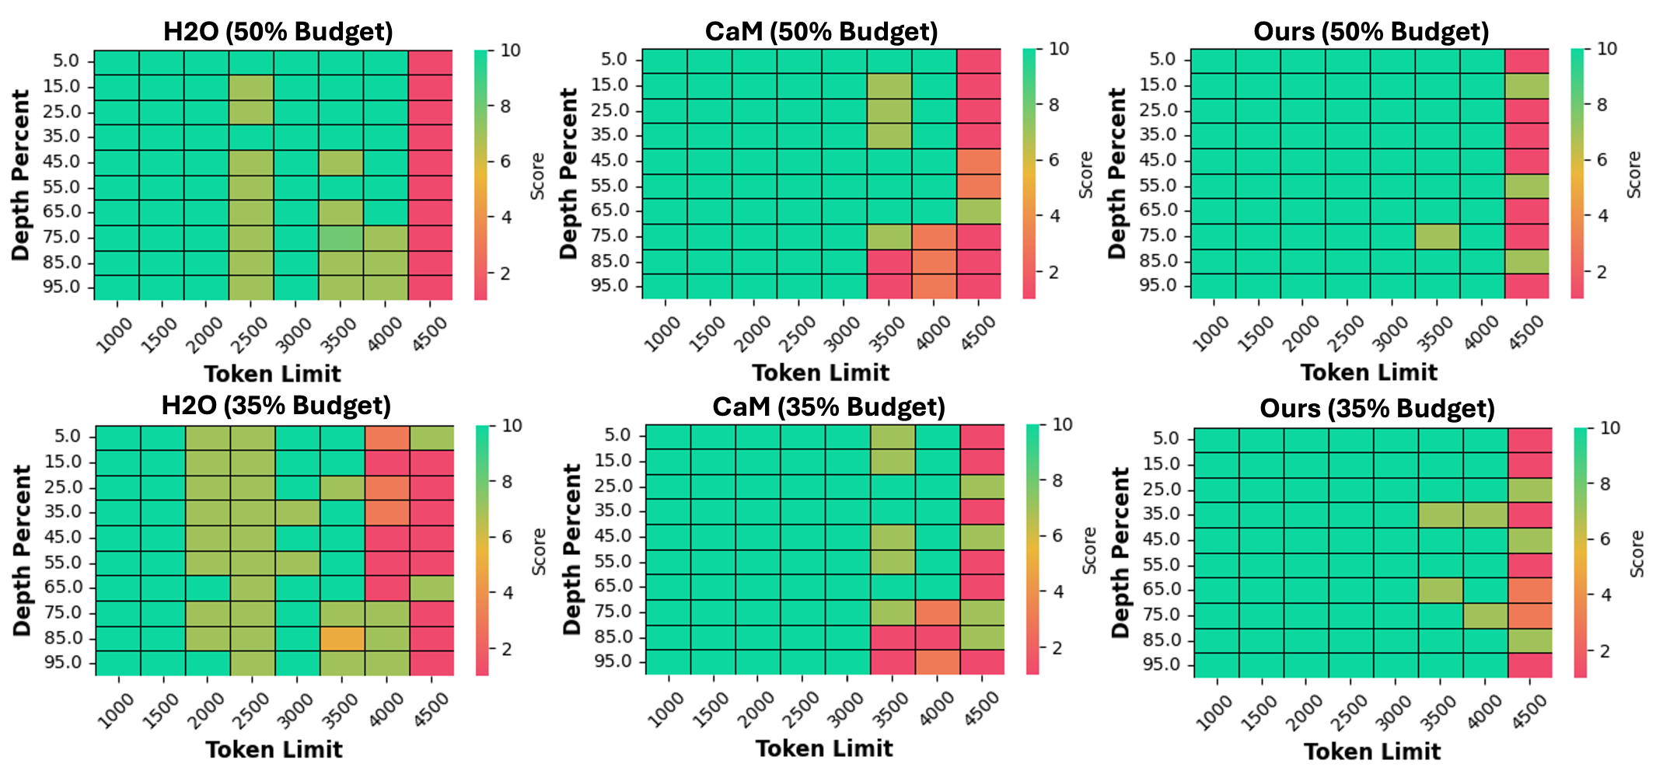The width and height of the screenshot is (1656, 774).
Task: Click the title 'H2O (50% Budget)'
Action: (x=278, y=32)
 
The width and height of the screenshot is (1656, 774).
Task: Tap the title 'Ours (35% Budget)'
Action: (x=1377, y=409)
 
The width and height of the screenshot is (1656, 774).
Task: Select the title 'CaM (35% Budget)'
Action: (x=828, y=407)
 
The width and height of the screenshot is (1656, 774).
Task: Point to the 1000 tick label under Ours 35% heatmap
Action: (x=1214, y=712)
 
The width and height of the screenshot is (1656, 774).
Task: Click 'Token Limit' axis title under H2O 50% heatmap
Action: (x=272, y=374)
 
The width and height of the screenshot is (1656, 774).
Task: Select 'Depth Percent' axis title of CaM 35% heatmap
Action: (x=572, y=549)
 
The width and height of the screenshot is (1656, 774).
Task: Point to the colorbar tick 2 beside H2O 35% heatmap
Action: (x=506, y=649)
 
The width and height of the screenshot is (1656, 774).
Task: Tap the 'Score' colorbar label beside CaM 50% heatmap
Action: (x=1086, y=174)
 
